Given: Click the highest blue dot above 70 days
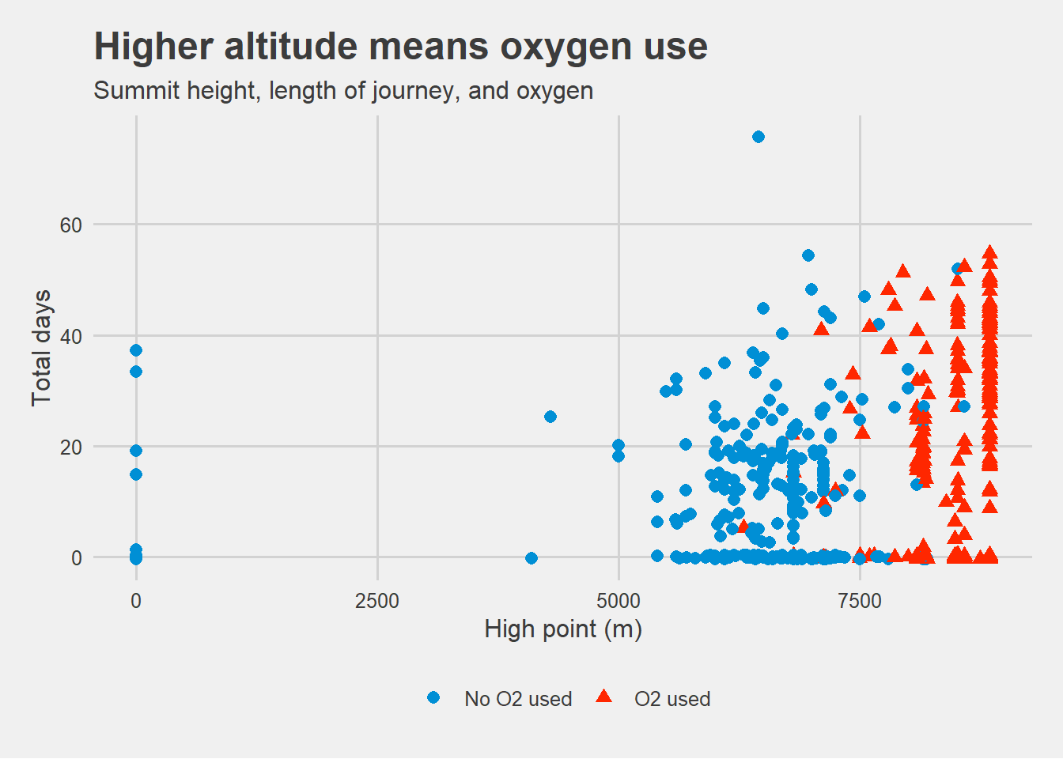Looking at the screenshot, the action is click(758, 137).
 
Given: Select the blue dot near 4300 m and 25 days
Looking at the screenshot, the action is click(550, 417).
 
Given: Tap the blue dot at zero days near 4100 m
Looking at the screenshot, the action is click(531, 558).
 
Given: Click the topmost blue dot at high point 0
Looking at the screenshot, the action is click(136, 350).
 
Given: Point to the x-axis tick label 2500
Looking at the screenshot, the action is click(377, 602).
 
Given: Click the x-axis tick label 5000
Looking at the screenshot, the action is click(619, 602).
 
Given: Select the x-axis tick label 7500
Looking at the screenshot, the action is click(860, 602).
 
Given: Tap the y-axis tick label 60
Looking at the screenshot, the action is click(70, 226).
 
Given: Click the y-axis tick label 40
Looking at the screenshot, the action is click(70, 337).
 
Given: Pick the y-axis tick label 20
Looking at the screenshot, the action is click(70, 447).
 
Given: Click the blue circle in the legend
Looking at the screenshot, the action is click(433, 697).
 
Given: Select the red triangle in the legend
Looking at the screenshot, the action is click(603, 697).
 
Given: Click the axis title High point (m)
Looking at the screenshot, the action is click(563, 630).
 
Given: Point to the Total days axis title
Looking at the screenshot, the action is click(41, 348).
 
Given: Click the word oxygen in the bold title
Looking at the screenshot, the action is click(566, 48).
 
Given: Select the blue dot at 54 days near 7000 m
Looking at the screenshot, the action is click(808, 255).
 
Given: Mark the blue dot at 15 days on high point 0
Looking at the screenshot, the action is click(136, 474).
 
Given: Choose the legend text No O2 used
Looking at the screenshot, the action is click(518, 699).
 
